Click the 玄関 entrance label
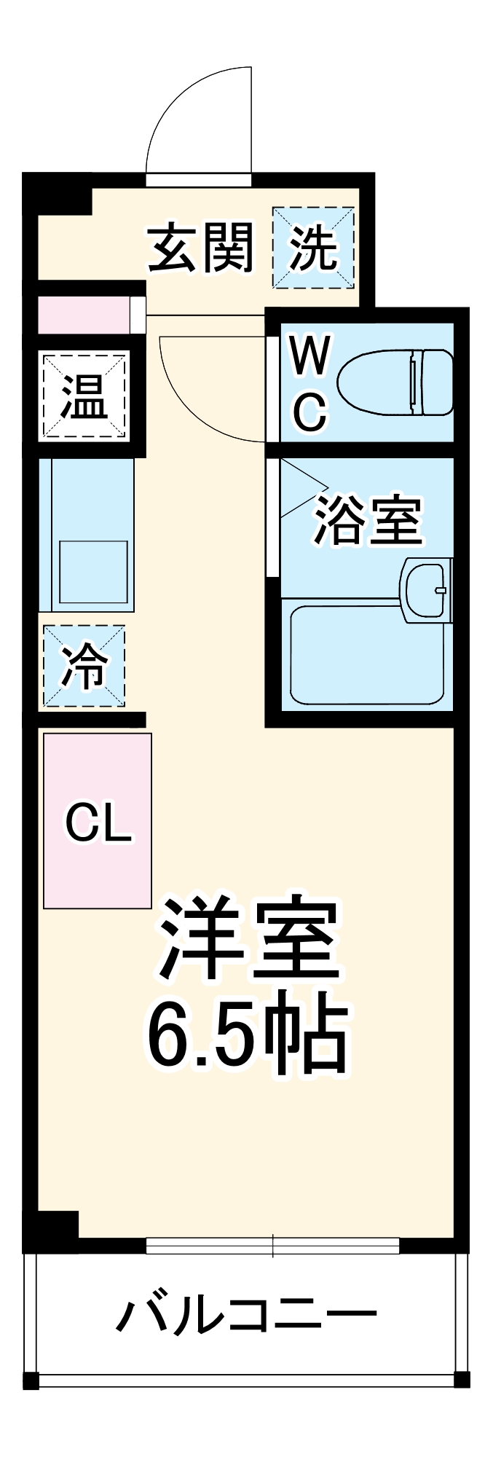click(x=201, y=248)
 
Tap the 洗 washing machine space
click(x=313, y=248)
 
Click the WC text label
click(x=310, y=382)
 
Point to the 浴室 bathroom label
click(x=368, y=520)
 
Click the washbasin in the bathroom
click(x=427, y=590)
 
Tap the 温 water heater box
click(x=84, y=396)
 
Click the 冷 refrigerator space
click(x=84, y=666)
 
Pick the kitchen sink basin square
click(x=93, y=572)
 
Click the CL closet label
click(x=98, y=823)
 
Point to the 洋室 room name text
click(x=248, y=940)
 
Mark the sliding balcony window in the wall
click(x=272, y=1246)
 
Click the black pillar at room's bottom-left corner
click(x=51, y=1228)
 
